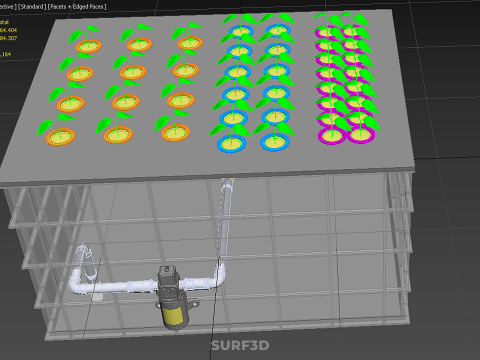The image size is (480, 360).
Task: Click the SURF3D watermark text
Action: coord(239,347)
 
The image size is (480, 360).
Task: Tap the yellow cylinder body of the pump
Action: coord(174,313)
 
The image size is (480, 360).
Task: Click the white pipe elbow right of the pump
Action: coord(218,275)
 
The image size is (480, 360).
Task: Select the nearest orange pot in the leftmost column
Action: coord(60,136)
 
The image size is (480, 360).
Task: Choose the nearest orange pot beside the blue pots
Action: coord(176,133)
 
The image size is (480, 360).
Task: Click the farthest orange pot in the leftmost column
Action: coord(88,45)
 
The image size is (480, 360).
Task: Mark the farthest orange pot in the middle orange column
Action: coord(138,44)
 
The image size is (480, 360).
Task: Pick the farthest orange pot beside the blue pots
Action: coord(189,43)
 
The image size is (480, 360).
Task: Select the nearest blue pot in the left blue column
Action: coord(231,143)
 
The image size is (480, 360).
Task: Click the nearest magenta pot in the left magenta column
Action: coord(331,134)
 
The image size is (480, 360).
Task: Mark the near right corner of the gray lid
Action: coord(414,165)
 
